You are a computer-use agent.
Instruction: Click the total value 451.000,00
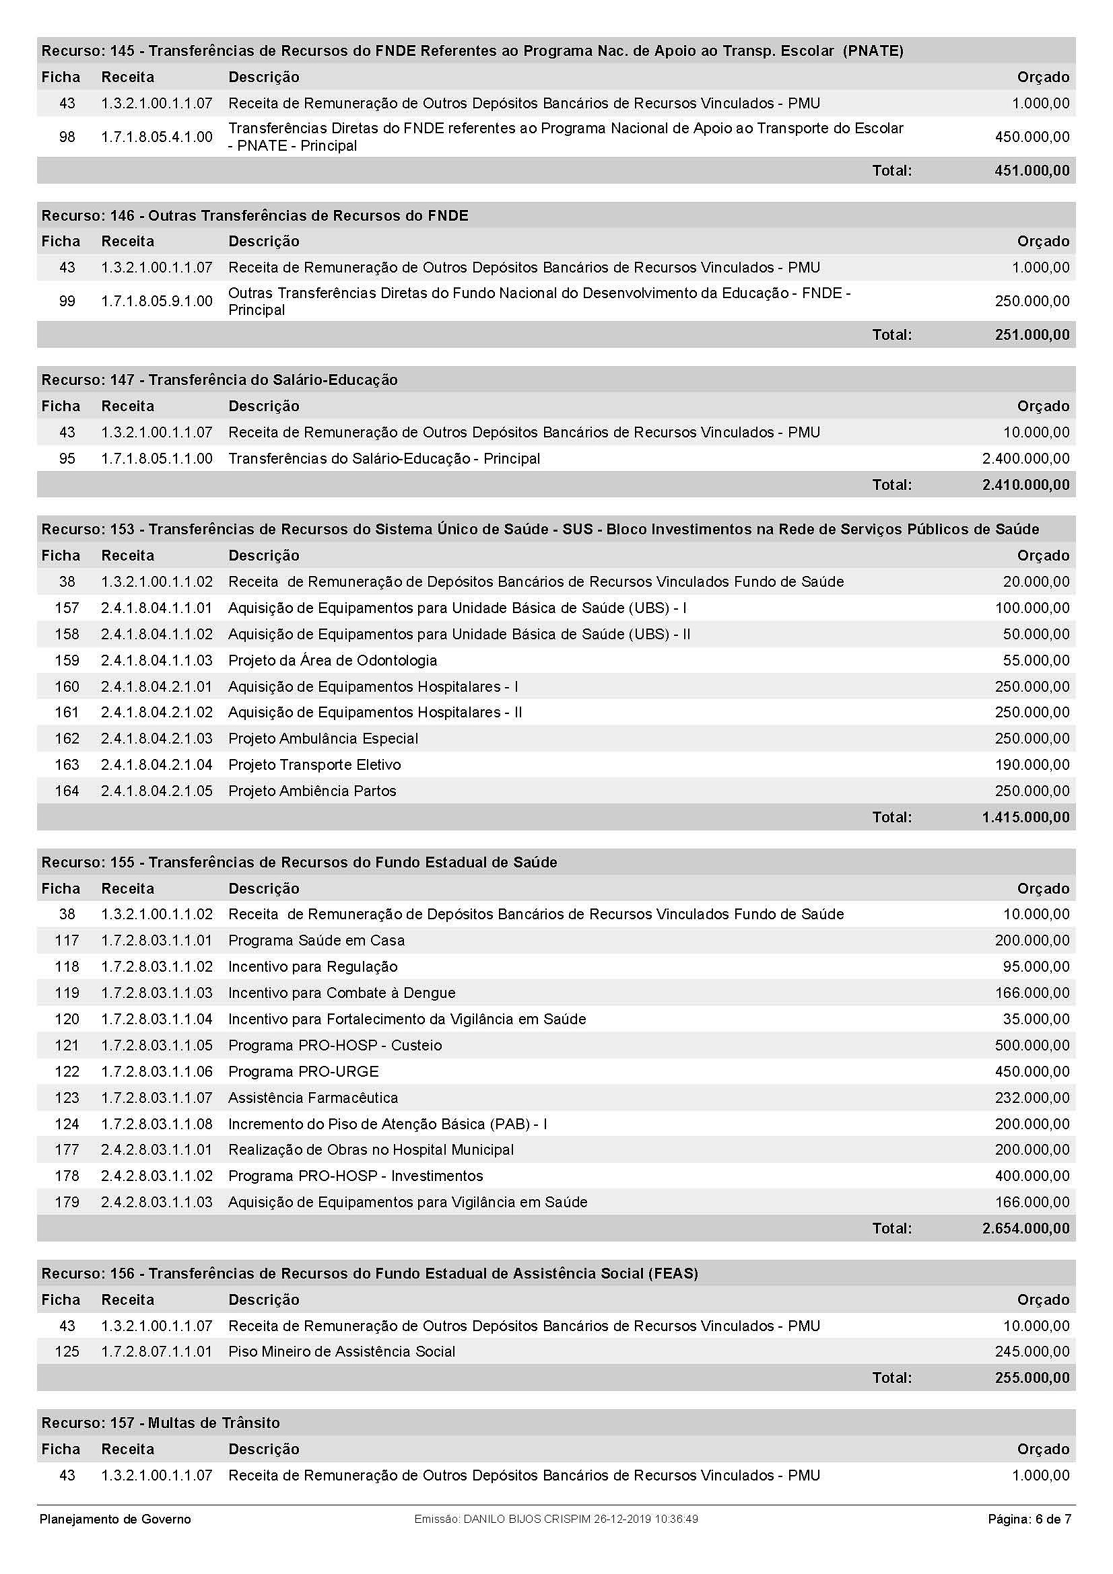coord(1032,171)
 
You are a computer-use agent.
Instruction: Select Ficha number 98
coord(67,137)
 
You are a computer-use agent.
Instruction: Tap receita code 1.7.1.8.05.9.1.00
coord(156,301)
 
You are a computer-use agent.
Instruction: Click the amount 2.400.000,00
coord(1025,459)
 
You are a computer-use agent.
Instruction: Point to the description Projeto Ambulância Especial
coord(323,738)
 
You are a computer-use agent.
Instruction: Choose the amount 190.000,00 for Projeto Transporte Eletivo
coord(1032,764)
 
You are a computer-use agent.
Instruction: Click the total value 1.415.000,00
coord(1025,817)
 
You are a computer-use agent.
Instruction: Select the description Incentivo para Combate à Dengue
coord(341,993)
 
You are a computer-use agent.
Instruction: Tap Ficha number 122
coord(67,1071)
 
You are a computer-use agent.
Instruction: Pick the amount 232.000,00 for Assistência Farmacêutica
coord(1032,1098)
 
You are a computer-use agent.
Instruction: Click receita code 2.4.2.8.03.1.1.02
coord(156,1176)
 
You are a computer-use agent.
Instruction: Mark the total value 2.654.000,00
coord(1025,1228)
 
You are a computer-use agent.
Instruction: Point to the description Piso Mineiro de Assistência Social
coord(341,1351)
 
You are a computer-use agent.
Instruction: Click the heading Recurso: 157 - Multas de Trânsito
coord(160,1423)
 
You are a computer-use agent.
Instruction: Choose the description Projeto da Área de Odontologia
coord(333,660)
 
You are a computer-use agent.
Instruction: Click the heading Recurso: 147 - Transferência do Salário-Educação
coord(220,380)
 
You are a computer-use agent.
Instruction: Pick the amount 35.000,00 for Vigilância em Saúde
coord(1036,1019)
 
